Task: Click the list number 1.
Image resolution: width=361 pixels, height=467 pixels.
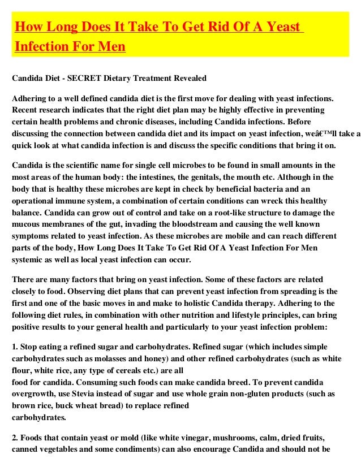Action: pos(14,346)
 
